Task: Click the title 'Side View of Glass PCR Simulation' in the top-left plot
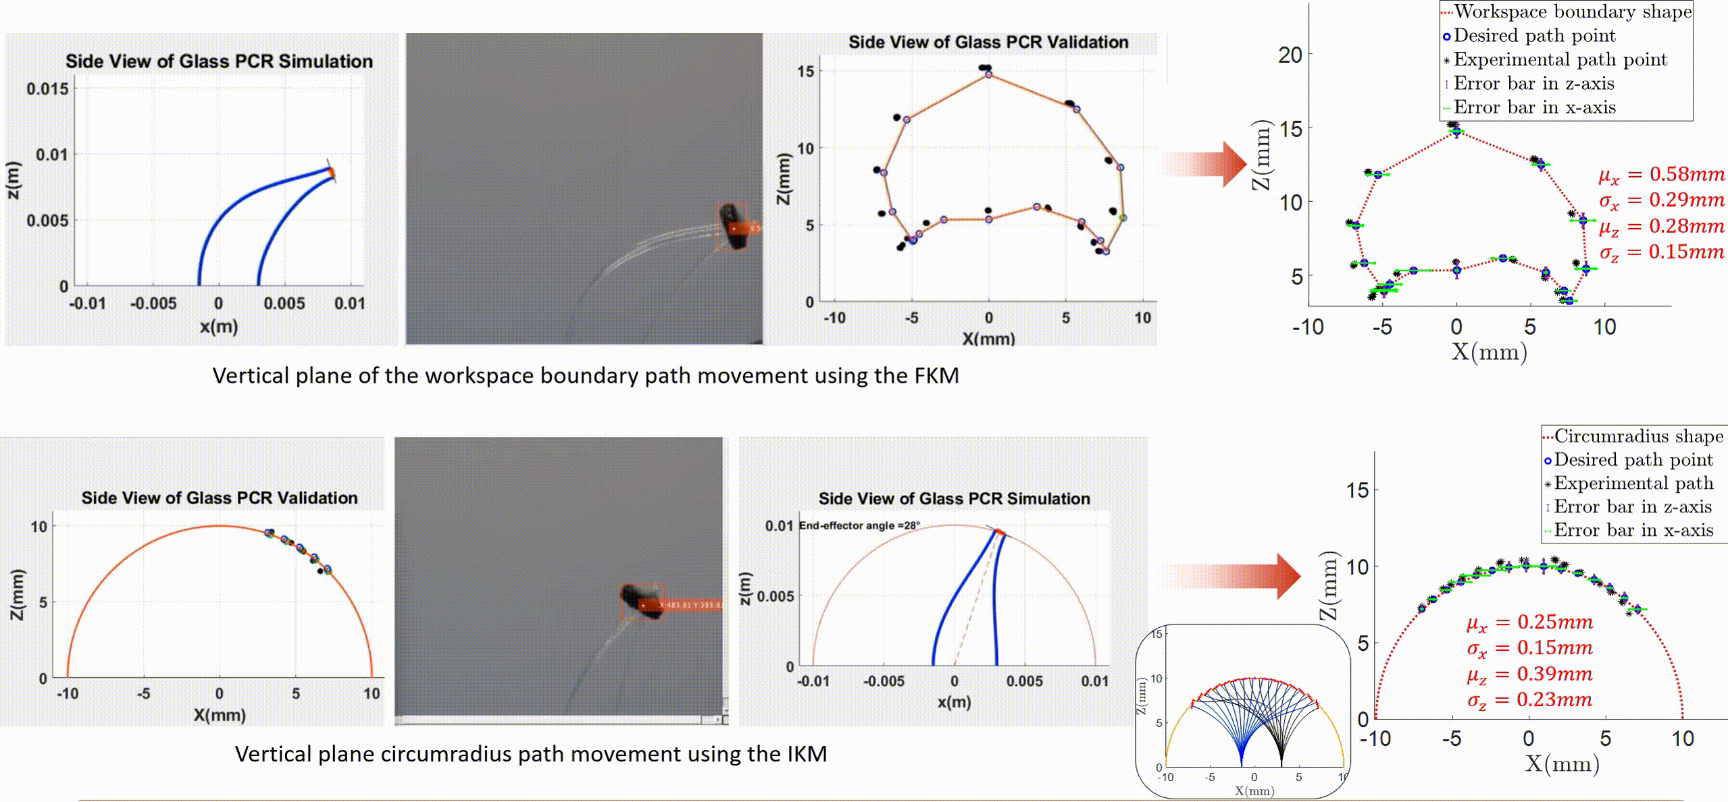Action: (x=219, y=61)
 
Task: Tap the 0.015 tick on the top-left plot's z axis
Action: (x=47, y=89)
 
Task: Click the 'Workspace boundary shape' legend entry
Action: (x=1573, y=12)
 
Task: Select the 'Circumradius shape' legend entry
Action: (x=1639, y=436)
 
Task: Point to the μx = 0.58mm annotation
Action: (x=1661, y=175)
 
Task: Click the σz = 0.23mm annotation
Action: (x=1529, y=700)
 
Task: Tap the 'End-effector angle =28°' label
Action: (x=859, y=525)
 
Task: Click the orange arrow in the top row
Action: (x=1204, y=164)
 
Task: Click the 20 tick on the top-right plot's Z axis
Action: (x=1290, y=55)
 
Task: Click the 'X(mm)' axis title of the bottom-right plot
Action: (x=1562, y=764)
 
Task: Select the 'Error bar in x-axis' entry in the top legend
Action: (x=1534, y=107)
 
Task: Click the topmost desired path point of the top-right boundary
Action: (x=1456, y=131)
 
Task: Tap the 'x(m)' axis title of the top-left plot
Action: (x=219, y=327)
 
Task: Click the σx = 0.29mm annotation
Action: (x=1661, y=200)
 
